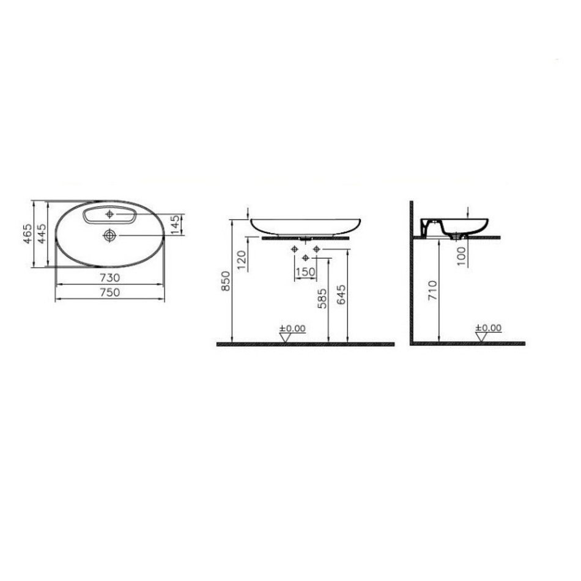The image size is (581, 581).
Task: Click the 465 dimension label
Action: point(28,234)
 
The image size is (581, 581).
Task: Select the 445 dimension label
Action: point(42,234)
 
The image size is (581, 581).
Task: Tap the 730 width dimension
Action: point(109,278)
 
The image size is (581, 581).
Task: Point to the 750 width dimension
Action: point(109,292)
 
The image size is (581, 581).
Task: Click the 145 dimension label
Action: point(176,224)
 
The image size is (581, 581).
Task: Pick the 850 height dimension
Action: point(226,281)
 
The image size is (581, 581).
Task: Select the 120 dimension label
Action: point(241,260)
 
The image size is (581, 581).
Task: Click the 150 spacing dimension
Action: point(305,272)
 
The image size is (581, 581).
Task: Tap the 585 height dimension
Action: point(322,298)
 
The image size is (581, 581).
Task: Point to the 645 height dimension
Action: point(342,295)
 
